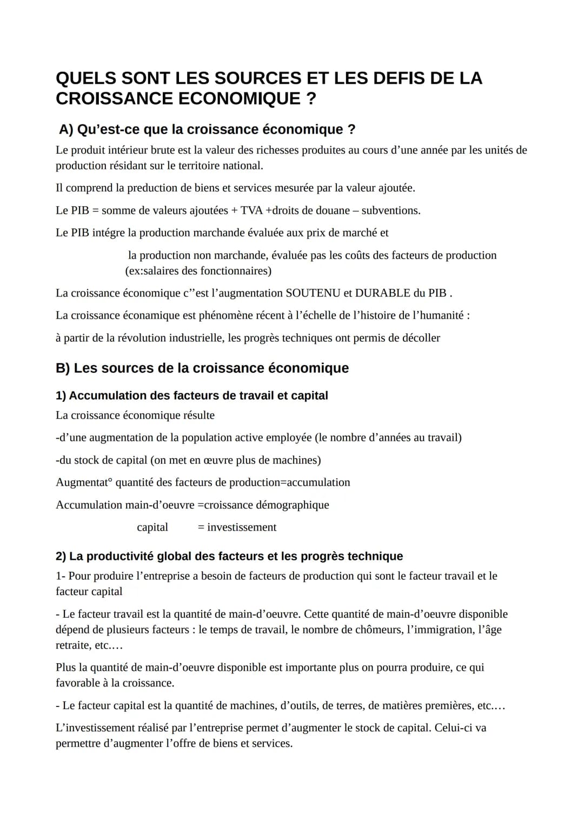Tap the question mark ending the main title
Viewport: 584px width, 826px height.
coord(311,99)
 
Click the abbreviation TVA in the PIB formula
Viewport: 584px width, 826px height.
coord(251,210)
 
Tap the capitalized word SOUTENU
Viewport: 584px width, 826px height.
coord(312,293)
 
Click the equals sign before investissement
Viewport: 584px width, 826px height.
coord(201,527)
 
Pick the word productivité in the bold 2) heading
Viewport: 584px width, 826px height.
coord(119,557)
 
